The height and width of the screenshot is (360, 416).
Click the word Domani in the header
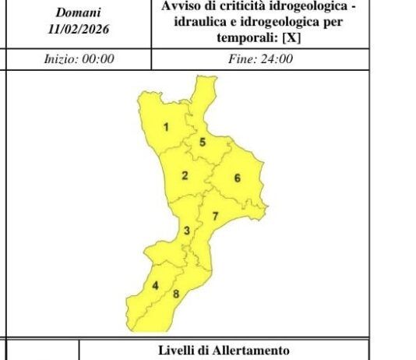click(x=78, y=13)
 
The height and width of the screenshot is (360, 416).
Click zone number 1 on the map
click(x=166, y=126)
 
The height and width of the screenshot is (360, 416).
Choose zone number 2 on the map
click(x=185, y=175)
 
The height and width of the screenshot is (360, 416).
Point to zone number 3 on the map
click(x=186, y=230)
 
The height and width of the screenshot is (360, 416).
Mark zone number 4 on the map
click(x=155, y=285)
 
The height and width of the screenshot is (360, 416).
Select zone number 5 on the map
click(x=203, y=142)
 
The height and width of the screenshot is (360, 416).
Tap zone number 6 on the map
click(x=237, y=178)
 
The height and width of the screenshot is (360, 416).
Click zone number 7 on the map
click(x=216, y=215)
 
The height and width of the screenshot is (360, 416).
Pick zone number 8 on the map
click(x=176, y=294)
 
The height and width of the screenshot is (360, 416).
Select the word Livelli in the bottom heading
click(x=177, y=351)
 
